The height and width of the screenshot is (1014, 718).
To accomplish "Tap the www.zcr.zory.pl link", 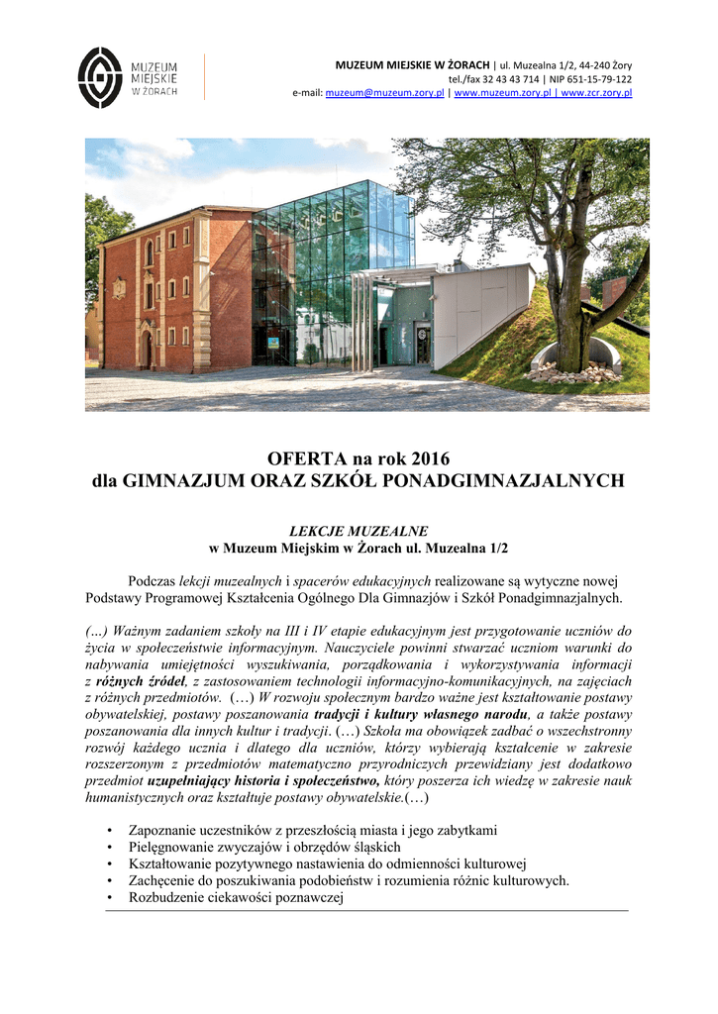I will point(596,93).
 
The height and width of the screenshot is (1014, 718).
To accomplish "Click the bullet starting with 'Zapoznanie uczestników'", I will point(313,829).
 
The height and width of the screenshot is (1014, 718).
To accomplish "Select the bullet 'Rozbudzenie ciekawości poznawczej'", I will point(235,897).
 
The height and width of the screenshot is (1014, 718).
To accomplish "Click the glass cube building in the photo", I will point(332,262).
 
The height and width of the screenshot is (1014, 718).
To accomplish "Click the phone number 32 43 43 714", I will point(509,79).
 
